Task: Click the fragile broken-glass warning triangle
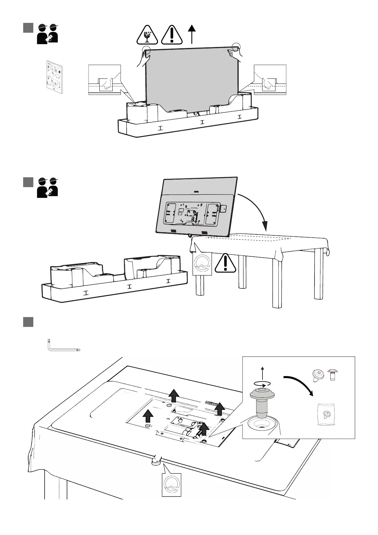[x=147, y=35]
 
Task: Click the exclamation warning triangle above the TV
[x=172, y=35]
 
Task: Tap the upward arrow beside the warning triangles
[x=192, y=34]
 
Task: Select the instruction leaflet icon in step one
[x=53, y=77]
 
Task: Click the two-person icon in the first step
[x=47, y=33]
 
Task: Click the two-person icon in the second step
[x=47, y=187]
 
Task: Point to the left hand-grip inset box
[x=104, y=80]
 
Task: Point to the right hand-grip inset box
[x=270, y=80]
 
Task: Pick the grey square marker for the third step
[x=28, y=322]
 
